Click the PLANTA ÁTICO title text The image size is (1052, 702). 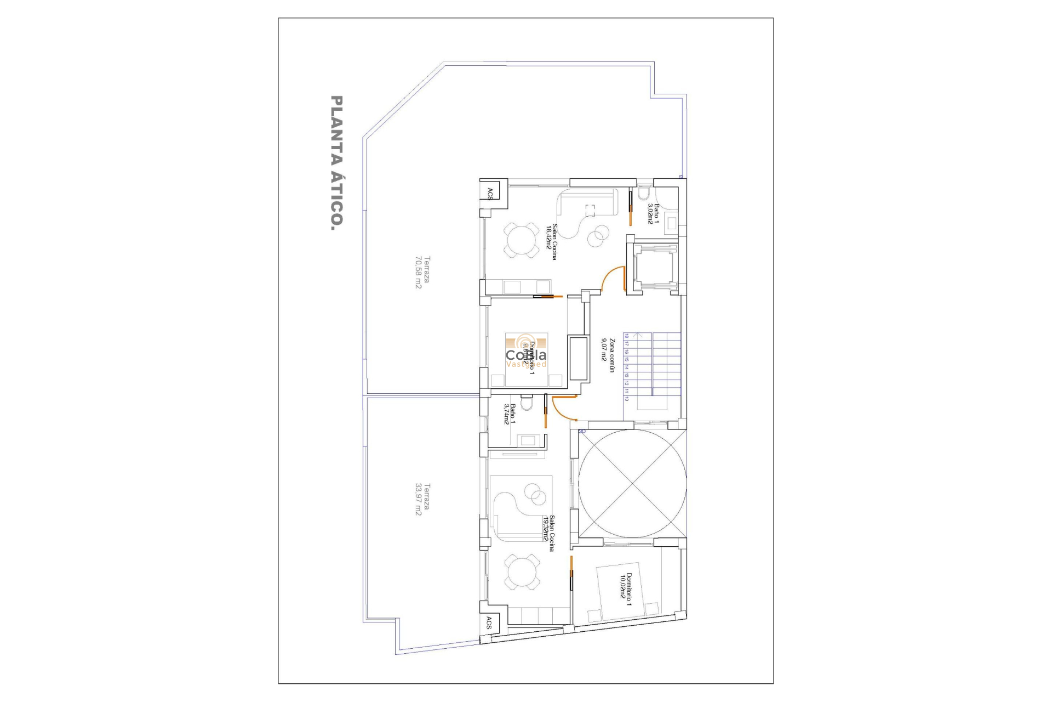click(x=337, y=163)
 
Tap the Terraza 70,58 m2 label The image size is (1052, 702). click(x=422, y=272)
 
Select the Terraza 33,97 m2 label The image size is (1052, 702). click(x=422, y=499)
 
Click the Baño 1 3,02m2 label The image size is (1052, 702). click(x=653, y=213)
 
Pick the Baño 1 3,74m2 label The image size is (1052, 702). click(x=510, y=414)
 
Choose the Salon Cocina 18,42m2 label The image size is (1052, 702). click(x=551, y=241)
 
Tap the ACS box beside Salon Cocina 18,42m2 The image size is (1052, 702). click(x=490, y=194)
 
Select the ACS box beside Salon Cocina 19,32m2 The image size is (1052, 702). click(x=489, y=623)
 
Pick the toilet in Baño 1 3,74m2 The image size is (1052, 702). click(x=527, y=403)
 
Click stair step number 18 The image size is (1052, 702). click(x=626, y=336)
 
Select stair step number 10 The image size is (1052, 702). click(x=626, y=399)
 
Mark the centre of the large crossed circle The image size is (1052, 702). click(x=632, y=483)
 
